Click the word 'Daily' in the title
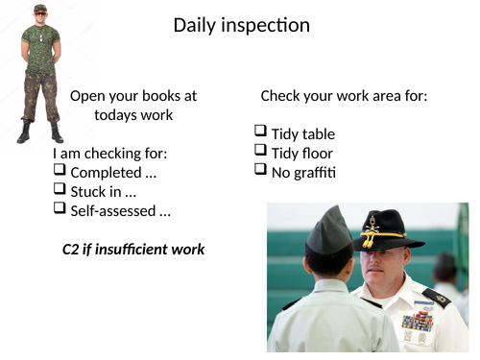click(195, 26)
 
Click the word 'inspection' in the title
click(265, 26)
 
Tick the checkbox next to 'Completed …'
click(60, 172)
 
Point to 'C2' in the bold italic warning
click(72, 249)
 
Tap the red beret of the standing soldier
click(39, 8)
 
